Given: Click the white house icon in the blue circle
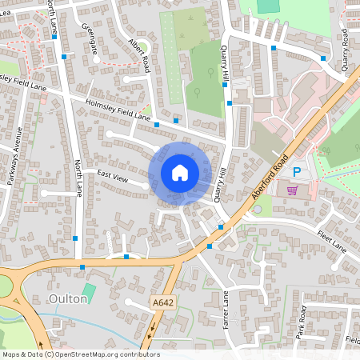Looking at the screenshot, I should coord(180,172).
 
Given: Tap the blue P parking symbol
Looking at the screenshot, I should coord(297,172).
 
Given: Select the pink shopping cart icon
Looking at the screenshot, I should coord(292,190).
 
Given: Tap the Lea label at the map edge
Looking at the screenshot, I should coord(6,5).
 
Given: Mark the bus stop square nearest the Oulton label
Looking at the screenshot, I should coord(82,267).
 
